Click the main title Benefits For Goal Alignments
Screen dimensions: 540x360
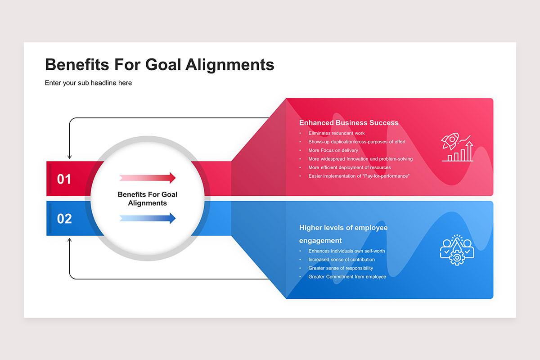160,65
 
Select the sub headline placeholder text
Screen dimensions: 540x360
88,83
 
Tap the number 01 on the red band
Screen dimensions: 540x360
64,179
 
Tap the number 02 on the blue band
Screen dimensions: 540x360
64,219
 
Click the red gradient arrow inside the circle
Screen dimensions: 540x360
148,178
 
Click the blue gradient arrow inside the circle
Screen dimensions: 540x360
148,218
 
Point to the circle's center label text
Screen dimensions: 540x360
148,199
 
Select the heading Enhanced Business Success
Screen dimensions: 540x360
349,123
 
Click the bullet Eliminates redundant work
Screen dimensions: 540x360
336,133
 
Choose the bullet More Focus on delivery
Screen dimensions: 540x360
333,150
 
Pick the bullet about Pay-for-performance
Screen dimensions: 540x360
359,176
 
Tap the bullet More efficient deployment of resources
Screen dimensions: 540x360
350,167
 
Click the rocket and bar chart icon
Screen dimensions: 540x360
457,147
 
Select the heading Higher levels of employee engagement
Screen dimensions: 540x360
343,234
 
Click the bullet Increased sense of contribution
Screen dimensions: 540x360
342,260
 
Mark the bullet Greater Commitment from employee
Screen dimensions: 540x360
347,277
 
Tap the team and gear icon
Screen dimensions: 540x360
457,250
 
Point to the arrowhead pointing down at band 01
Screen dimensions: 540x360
69,157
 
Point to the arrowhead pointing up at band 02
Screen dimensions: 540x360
69,240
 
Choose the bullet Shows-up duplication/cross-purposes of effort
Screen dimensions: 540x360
357,142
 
